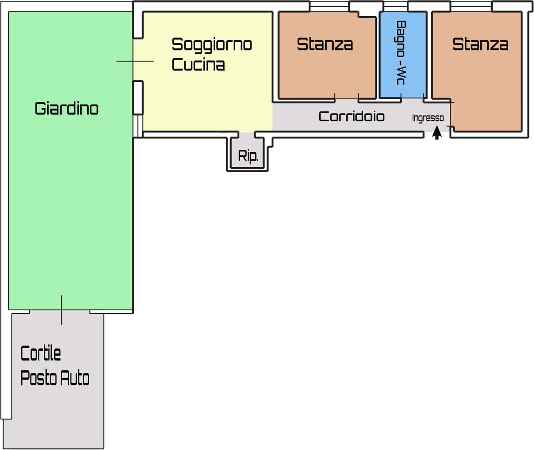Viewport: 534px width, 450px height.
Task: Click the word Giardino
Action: pyautogui.click(x=66, y=108)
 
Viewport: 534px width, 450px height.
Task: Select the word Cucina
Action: pyautogui.click(x=198, y=65)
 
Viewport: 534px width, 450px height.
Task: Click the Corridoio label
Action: pyautogui.click(x=351, y=116)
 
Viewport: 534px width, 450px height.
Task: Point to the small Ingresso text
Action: pyautogui.click(x=428, y=118)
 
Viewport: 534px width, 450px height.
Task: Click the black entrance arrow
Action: pyautogui.click(x=437, y=133)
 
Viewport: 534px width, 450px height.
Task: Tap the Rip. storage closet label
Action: pyautogui.click(x=248, y=156)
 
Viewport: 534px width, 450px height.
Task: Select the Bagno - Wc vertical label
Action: pyautogui.click(x=400, y=53)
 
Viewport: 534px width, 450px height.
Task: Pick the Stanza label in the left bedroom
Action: pyautogui.click(x=325, y=44)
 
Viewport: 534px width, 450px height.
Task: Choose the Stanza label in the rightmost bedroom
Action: pyautogui.click(x=480, y=44)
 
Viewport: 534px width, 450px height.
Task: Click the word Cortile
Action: pyautogui.click(x=40, y=354)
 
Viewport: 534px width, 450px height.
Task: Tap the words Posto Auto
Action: pyautogui.click(x=55, y=378)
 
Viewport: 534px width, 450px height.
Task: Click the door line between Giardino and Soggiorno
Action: pyautogui.click(x=135, y=61)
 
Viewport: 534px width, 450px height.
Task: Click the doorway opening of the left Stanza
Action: pyautogui.click(x=346, y=99)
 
